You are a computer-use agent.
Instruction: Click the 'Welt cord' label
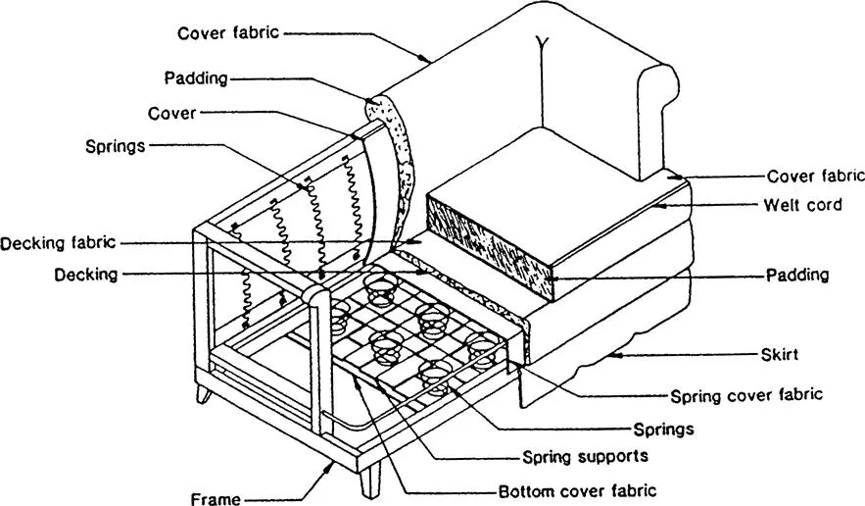pyautogui.click(x=802, y=205)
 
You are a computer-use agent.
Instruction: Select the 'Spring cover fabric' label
pyautogui.click(x=745, y=396)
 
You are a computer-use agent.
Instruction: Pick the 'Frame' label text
pyautogui.click(x=216, y=499)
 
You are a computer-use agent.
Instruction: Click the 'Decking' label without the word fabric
pyautogui.click(x=86, y=276)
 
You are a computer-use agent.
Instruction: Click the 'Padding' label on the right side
pyautogui.click(x=797, y=276)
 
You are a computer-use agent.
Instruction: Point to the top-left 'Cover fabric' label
pyautogui.click(x=228, y=32)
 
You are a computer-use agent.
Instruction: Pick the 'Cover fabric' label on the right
pyautogui.click(x=815, y=177)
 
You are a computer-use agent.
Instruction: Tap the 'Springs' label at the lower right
pyautogui.click(x=664, y=429)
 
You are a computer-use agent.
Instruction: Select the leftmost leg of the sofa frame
pyautogui.click(x=204, y=394)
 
